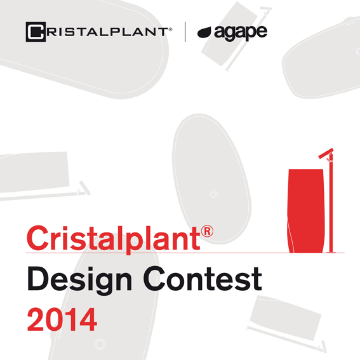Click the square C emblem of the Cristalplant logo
pyautogui.click(x=36, y=32)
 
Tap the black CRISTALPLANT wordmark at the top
pyautogui.click(x=99, y=32)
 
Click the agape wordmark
pyautogui.click(x=241, y=33)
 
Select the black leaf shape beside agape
pyautogui.click(x=204, y=32)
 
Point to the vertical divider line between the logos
pyautogui.click(x=185, y=32)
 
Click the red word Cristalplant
pyautogui.click(x=114, y=239)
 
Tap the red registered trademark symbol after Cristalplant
pyautogui.click(x=207, y=231)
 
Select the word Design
pyautogui.click(x=79, y=280)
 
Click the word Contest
pyautogui.click(x=203, y=279)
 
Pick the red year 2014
pyautogui.click(x=62, y=319)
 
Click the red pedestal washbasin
pyautogui.click(x=306, y=211)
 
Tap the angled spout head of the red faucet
pyautogui.click(x=326, y=154)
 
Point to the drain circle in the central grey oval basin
pyautogui.click(x=214, y=194)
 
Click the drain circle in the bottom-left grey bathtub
pyautogui.click(x=100, y=344)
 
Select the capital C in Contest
pyautogui.click(x=155, y=279)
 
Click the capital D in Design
pyautogui.click(x=38, y=279)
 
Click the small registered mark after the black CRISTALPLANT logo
pyautogui.click(x=171, y=29)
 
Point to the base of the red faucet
pyautogui.click(x=331, y=252)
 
